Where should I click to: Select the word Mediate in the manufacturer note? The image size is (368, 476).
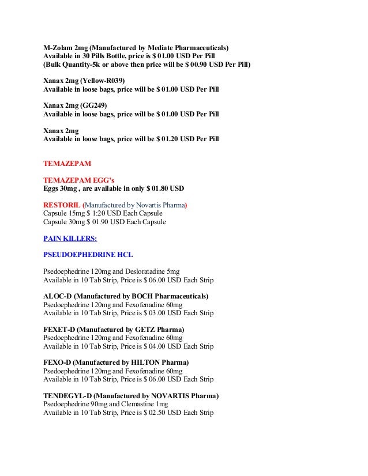click(169, 47)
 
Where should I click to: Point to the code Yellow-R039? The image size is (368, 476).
click(103, 80)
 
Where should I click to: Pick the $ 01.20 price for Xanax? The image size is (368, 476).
click(167, 139)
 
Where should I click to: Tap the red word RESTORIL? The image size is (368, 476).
click(62, 205)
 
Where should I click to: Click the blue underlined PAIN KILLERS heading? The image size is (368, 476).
click(70, 238)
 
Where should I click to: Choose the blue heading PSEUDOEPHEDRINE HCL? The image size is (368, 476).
click(88, 255)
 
